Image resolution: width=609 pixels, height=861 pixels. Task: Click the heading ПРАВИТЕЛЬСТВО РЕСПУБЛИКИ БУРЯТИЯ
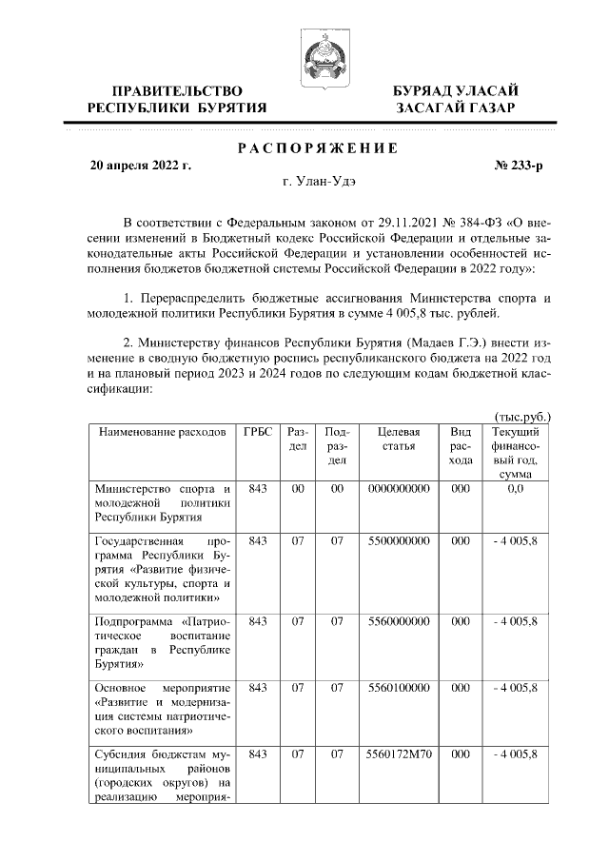point(177,99)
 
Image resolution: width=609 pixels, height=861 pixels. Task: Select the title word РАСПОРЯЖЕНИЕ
point(316,147)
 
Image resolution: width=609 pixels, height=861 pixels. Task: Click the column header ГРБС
point(257,432)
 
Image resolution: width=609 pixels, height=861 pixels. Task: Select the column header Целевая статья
point(398,439)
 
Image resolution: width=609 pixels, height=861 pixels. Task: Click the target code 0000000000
point(398,488)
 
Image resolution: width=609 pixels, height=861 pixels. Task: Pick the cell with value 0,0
point(516,488)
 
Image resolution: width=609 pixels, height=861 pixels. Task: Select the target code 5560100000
point(398,687)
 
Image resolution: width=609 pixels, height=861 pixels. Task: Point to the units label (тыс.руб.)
point(524,416)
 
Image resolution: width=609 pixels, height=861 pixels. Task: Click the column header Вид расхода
point(461,445)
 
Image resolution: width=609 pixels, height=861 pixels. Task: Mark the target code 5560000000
point(398,620)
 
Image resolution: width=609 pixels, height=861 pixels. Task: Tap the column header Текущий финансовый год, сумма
point(516,452)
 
